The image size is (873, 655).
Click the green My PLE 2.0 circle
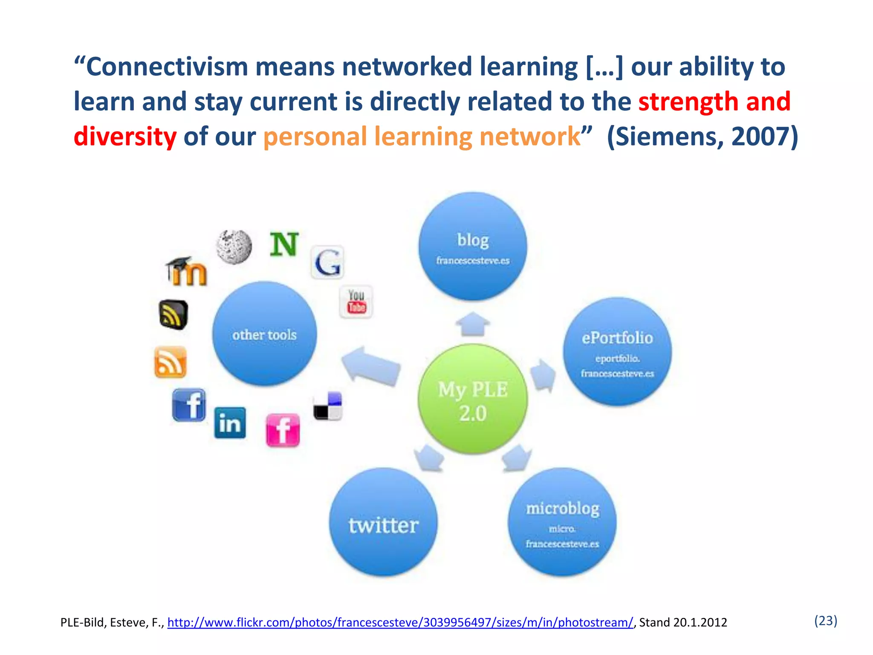point(472,399)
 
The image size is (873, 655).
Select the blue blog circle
point(472,246)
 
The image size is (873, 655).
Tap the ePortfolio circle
point(617,351)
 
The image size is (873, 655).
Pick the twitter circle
point(383,522)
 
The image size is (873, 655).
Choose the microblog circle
point(562,522)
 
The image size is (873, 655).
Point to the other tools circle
point(264,334)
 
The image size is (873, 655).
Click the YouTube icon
point(356,302)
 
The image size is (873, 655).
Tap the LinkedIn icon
point(230,423)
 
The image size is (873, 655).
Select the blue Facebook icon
point(189,405)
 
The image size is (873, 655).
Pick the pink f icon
point(283,430)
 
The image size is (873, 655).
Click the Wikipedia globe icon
point(234,246)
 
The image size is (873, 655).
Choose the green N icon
point(284,244)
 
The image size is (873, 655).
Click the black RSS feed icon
point(173,315)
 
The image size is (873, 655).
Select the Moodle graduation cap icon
point(186,271)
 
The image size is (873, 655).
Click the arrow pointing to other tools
point(370,365)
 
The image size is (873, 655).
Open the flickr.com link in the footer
point(400,623)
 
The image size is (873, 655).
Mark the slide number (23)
point(825,620)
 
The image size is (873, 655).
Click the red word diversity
point(125,137)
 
